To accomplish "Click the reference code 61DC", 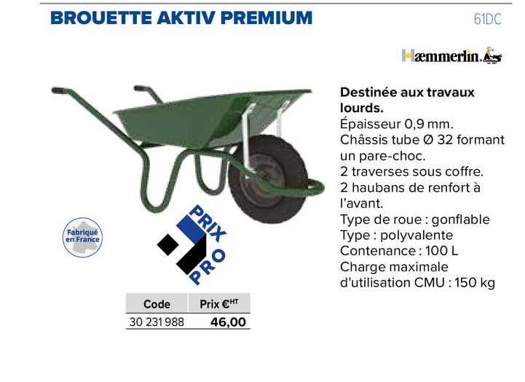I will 487,20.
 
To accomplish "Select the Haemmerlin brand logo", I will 451,55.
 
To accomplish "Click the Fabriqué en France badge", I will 82,238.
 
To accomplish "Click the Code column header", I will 157,305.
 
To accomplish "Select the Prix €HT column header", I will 219,304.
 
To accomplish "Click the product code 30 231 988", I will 157,322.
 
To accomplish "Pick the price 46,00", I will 228,322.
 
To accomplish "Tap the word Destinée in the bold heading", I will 369,93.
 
